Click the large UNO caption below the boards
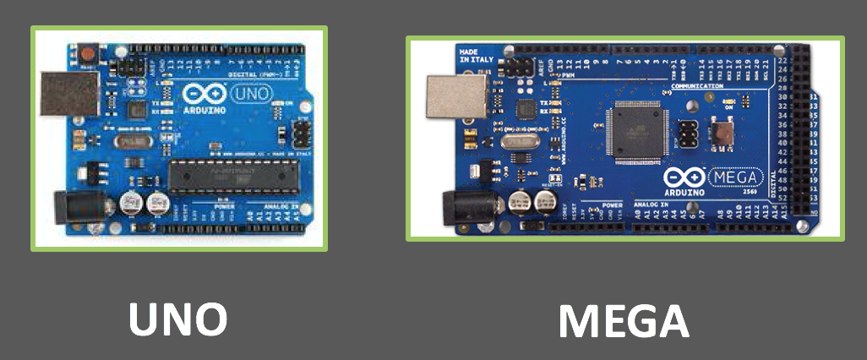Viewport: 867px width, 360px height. tap(177, 320)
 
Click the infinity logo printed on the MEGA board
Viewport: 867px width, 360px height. tap(683, 180)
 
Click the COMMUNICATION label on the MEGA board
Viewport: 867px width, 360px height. tap(697, 86)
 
